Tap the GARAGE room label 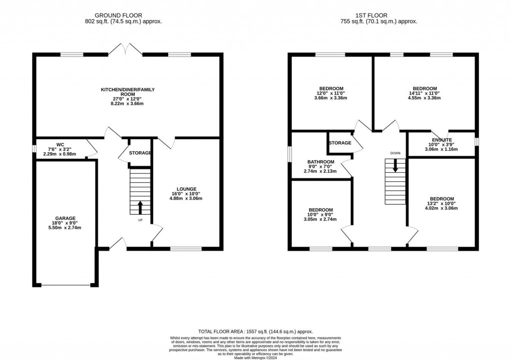pos(65,218)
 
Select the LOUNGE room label pos(186,189)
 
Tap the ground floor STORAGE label pos(140,153)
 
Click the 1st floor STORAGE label pos(339,143)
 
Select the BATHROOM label pos(320,162)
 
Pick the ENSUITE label pos(442,140)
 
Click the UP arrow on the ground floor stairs pos(140,206)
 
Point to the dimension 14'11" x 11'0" pos(425,93)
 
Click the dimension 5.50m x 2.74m pos(65,228)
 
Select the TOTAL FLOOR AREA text pos(255,332)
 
